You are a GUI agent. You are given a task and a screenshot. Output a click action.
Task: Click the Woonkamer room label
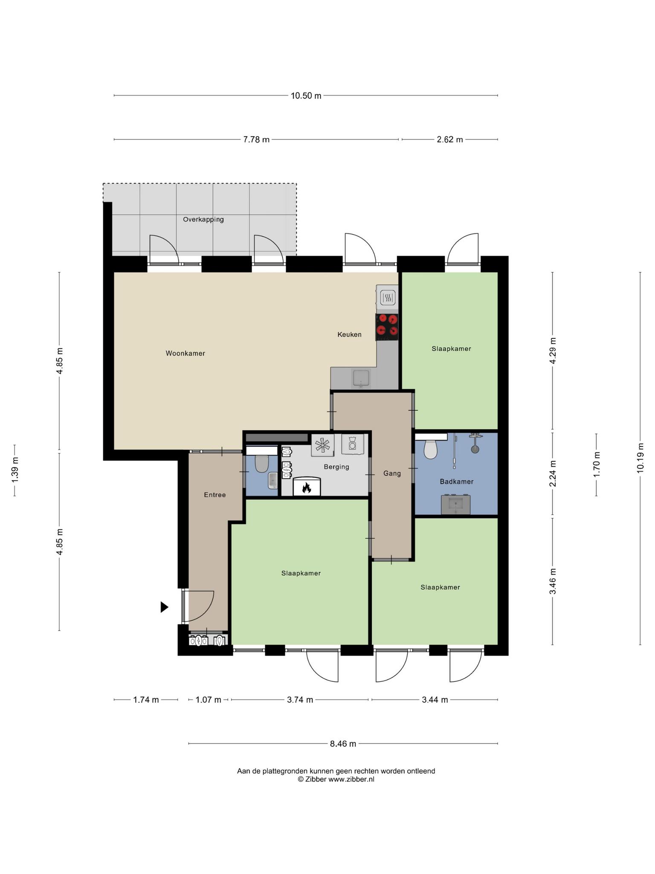point(185,353)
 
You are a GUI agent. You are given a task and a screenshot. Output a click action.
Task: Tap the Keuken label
point(349,335)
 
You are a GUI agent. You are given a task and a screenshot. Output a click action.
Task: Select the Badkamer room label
point(457,481)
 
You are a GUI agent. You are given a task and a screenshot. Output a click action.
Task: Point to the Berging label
point(336,467)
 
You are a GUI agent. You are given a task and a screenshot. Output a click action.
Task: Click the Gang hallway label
point(392,473)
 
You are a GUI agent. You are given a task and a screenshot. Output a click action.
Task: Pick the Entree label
point(215,495)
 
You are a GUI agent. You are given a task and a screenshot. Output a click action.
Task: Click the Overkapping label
point(203,220)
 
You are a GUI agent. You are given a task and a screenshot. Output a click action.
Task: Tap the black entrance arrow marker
point(165,607)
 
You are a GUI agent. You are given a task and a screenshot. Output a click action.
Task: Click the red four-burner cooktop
point(387,327)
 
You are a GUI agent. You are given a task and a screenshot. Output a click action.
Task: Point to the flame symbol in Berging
point(306,488)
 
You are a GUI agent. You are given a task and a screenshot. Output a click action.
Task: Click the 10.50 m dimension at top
point(306,96)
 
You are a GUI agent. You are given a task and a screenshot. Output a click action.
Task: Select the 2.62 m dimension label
point(450,140)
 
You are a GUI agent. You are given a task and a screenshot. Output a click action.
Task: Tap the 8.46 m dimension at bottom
point(343,744)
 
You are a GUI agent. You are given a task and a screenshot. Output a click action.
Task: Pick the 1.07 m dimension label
point(209,700)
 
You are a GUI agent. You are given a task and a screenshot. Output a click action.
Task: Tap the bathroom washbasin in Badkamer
point(456,505)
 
